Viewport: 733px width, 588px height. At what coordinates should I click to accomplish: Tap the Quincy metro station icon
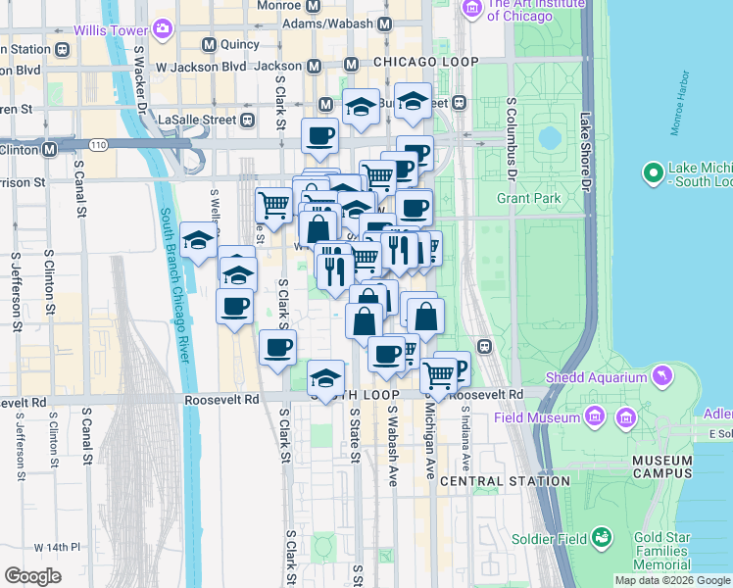coord(209,44)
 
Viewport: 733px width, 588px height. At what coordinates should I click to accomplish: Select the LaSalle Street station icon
coord(248,121)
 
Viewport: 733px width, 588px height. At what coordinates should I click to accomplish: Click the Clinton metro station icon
coord(49,150)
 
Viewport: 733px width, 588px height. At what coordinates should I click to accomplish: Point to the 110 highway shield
coord(100,145)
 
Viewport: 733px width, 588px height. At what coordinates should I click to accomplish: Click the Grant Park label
coord(528,199)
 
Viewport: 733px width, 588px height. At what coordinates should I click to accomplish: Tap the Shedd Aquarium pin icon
coord(663,376)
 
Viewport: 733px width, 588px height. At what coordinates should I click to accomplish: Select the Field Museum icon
coord(594,417)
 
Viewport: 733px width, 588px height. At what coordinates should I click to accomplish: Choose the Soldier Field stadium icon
coord(602,538)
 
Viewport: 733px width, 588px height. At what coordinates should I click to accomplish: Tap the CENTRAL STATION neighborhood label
coord(505,481)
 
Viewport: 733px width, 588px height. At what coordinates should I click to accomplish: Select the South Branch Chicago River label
coord(173,284)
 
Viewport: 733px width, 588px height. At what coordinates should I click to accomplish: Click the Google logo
coord(32,575)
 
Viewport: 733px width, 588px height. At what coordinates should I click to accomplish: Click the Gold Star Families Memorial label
coord(675,551)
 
